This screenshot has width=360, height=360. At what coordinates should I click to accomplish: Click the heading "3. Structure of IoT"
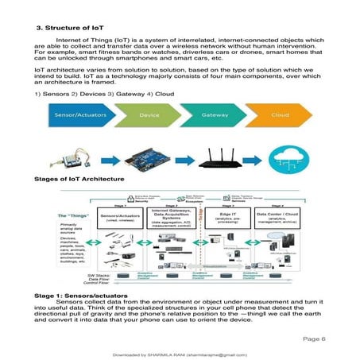pyautogui.click(x=70, y=28)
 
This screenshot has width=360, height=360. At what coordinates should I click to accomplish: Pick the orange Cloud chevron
pyautogui.click(x=278, y=114)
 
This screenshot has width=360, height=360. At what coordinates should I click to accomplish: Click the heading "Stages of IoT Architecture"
pyautogui.click(x=79, y=180)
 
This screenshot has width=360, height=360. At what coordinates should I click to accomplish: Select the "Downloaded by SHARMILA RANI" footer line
pyautogui.click(x=180, y=354)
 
